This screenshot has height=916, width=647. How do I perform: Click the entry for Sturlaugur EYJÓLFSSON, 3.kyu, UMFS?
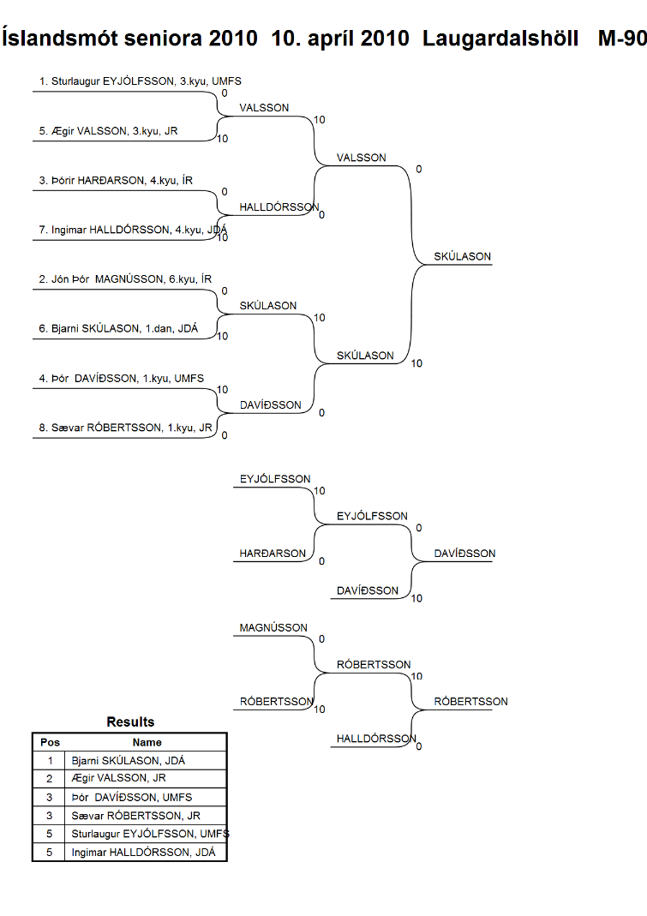(x=141, y=81)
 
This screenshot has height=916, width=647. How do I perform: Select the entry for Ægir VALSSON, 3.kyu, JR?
(x=108, y=131)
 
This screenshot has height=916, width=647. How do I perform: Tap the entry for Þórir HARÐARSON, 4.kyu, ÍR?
(x=116, y=181)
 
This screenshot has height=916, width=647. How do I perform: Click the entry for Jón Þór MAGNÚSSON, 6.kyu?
(x=125, y=279)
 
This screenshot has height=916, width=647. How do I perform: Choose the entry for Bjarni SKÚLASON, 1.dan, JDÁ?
(x=118, y=328)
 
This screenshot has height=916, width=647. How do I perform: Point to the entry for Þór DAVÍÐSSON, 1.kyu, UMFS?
(x=122, y=378)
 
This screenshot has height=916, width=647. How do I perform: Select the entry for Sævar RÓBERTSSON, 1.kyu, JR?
(x=126, y=428)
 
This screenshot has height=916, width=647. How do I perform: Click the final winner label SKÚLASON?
(x=462, y=256)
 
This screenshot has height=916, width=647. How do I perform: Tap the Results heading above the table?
(x=130, y=722)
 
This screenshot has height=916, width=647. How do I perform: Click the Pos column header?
(x=50, y=743)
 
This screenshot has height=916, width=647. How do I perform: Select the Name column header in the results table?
(x=147, y=743)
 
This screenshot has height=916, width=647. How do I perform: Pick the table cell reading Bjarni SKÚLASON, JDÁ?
(x=128, y=761)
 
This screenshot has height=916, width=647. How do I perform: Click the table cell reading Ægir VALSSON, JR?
(x=118, y=778)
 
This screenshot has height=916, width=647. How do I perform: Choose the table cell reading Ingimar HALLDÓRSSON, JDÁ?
(x=143, y=853)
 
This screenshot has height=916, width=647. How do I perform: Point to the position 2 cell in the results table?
(x=49, y=779)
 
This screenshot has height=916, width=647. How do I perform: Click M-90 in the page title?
(x=622, y=39)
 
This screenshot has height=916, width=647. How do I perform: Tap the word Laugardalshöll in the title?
(x=500, y=39)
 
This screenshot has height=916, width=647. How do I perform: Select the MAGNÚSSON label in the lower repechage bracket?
(x=273, y=628)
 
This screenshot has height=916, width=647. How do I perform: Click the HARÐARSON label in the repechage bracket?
(x=273, y=554)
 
